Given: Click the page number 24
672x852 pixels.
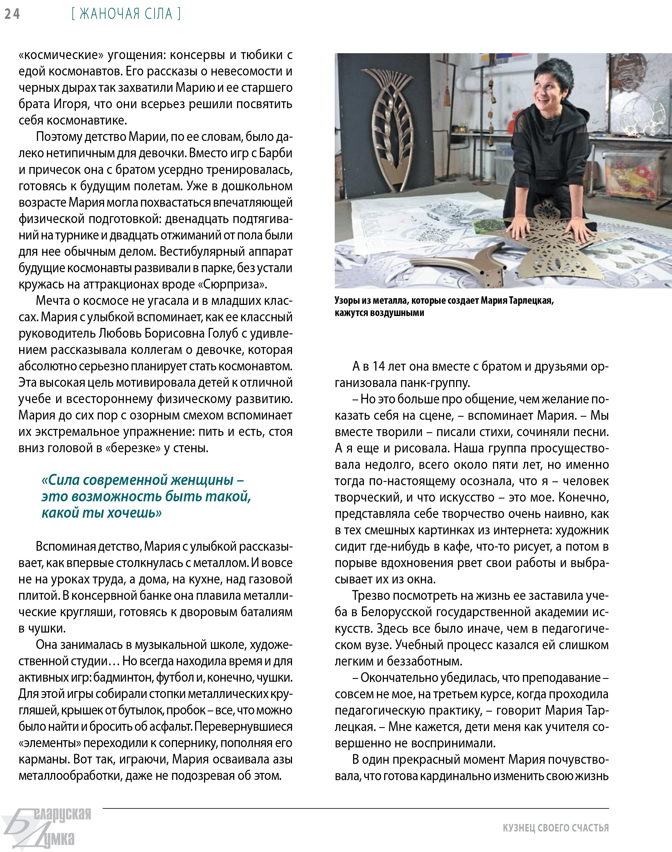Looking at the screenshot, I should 12,14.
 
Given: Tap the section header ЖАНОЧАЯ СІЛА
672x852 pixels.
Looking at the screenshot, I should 126,14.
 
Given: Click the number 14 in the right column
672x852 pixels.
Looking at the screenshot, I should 379,366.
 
